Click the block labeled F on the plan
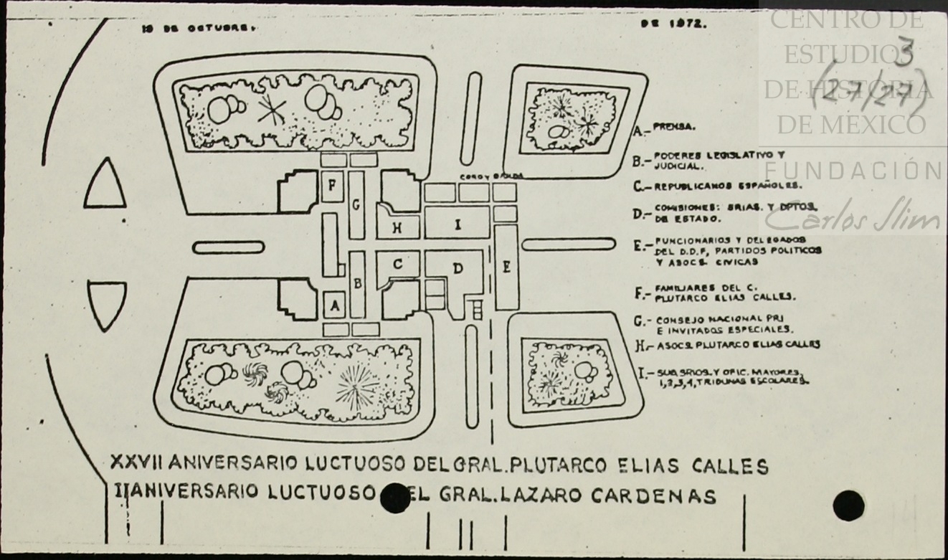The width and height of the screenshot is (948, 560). (x=332, y=186)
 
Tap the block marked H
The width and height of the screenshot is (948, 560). (x=397, y=227)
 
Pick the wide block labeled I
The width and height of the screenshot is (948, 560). (x=457, y=224)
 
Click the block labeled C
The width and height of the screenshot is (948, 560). (x=397, y=265)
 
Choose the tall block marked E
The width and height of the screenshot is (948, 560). (x=506, y=267)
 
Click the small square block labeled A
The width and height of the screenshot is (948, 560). (x=333, y=306)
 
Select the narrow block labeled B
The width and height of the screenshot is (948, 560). (x=357, y=283)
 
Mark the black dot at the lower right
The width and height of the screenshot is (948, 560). (x=848, y=506)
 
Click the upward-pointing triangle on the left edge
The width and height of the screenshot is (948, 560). (x=105, y=186)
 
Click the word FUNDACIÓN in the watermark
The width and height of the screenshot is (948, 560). (x=854, y=171)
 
